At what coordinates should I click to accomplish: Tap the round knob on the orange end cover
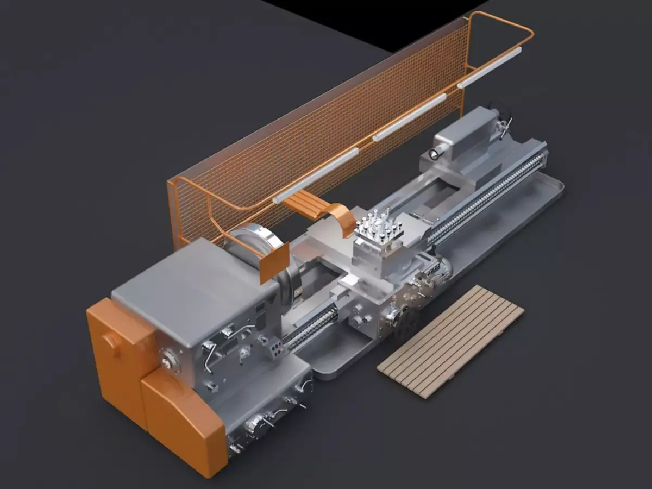point(112,341)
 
